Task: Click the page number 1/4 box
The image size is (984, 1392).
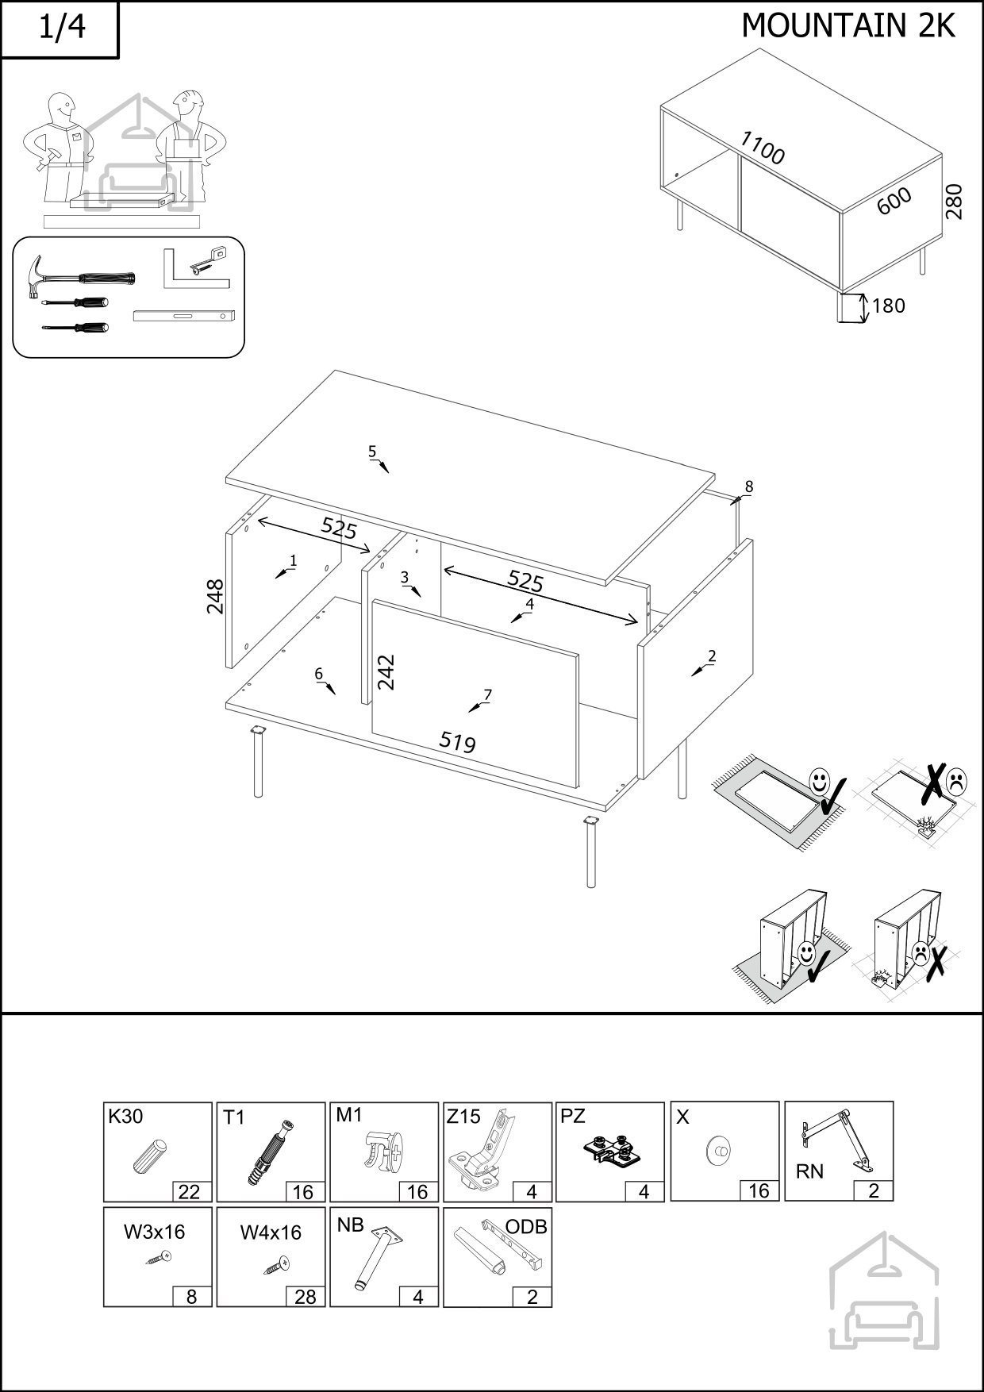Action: pos(60,29)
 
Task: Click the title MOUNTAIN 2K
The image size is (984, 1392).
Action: pos(848,26)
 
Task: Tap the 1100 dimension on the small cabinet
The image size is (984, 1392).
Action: pos(762,148)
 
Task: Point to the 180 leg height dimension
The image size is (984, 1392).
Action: pos(888,306)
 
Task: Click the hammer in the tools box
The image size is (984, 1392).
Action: pos(80,277)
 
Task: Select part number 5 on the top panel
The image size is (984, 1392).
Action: pos(372,452)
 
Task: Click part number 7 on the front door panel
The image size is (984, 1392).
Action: pos(487,695)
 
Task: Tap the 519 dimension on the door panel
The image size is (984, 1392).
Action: pos(458,741)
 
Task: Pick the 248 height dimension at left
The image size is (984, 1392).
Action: pos(215,596)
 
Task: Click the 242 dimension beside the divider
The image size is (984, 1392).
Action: pos(386,671)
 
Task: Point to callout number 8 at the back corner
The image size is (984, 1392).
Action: pos(748,486)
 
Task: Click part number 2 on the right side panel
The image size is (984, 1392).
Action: pos(711,656)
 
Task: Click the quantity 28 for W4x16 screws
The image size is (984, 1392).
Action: pos(305,1296)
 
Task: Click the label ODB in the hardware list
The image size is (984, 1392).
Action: pos(526,1227)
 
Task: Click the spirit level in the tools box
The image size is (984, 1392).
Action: pos(185,316)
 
